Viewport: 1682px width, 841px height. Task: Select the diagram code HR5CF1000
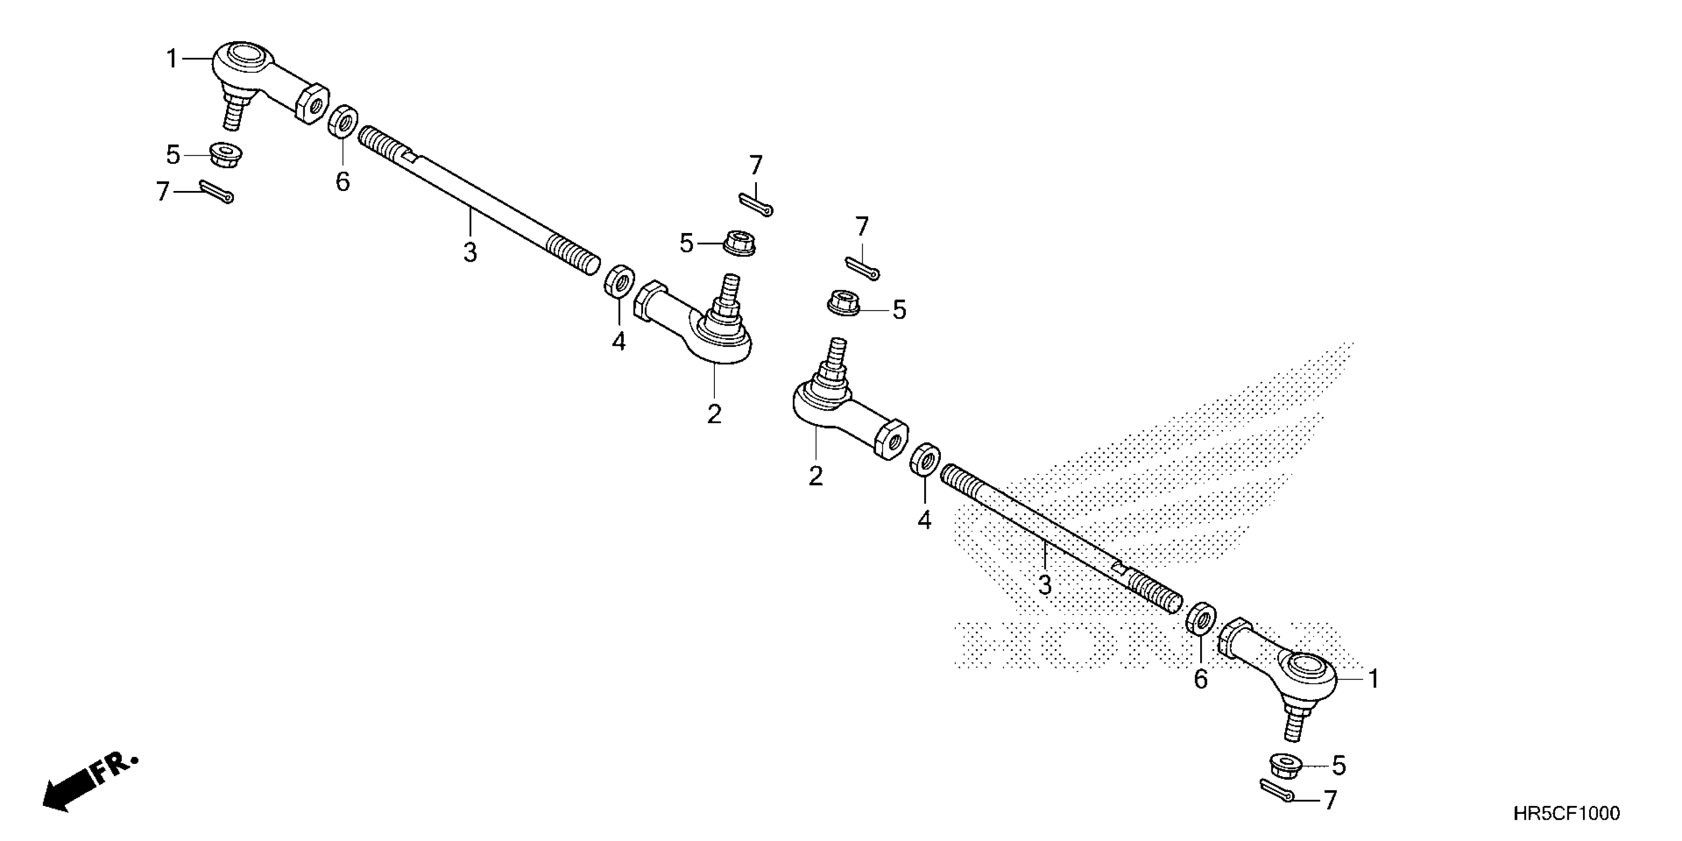pyautogui.click(x=1566, y=813)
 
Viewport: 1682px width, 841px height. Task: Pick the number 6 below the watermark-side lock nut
pyautogui.click(x=1201, y=680)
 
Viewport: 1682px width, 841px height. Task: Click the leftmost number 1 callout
pyautogui.click(x=172, y=59)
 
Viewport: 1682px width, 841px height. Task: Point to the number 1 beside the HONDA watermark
pyautogui.click(x=1374, y=679)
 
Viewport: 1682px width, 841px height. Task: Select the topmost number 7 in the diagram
pyautogui.click(x=755, y=165)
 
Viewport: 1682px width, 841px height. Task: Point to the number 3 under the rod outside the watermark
pyautogui.click(x=470, y=252)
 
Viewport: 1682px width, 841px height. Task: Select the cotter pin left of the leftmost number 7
pyautogui.click(x=217, y=191)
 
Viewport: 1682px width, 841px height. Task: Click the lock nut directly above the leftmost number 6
pyautogui.click(x=343, y=121)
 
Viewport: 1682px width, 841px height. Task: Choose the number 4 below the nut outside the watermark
pyautogui.click(x=618, y=340)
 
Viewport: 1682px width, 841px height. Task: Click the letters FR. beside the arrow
pyautogui.click(x=116, y=768)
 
